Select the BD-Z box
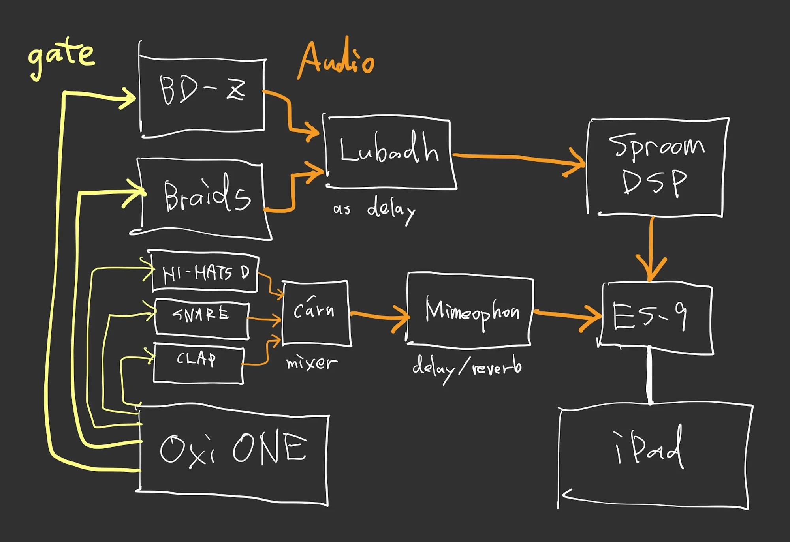click(202, 95)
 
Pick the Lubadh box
click(389, 152)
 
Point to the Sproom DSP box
click(656, 166)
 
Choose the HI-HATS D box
click(205, 272)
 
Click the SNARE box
click(201, 318)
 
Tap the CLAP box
click(197, 362)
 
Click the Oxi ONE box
click(233, 454)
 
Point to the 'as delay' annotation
click(373, 209)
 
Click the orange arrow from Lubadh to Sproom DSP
click(517, 158)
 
